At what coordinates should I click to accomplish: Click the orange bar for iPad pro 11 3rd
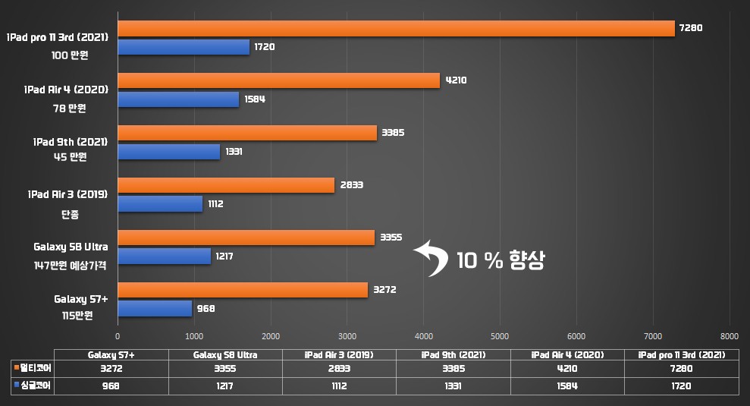[396, 28]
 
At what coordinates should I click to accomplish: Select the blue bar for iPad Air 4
[178, 99]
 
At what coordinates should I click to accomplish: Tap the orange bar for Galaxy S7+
[243, 290]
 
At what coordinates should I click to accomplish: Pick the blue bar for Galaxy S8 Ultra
[164, 257]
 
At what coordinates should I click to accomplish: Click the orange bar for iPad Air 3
[226, 185]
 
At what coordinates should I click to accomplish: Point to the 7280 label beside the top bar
[692, 28]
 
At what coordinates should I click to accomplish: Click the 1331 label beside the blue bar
[234, 152]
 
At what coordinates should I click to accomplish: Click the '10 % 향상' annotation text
[501, 260]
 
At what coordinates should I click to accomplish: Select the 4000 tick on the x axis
[423, 335]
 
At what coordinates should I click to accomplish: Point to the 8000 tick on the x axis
[729, 335]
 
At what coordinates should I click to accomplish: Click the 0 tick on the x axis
[118, 335]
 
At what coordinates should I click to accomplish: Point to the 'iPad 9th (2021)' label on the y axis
[71, 142]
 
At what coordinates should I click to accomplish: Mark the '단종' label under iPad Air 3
[71, 214]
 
